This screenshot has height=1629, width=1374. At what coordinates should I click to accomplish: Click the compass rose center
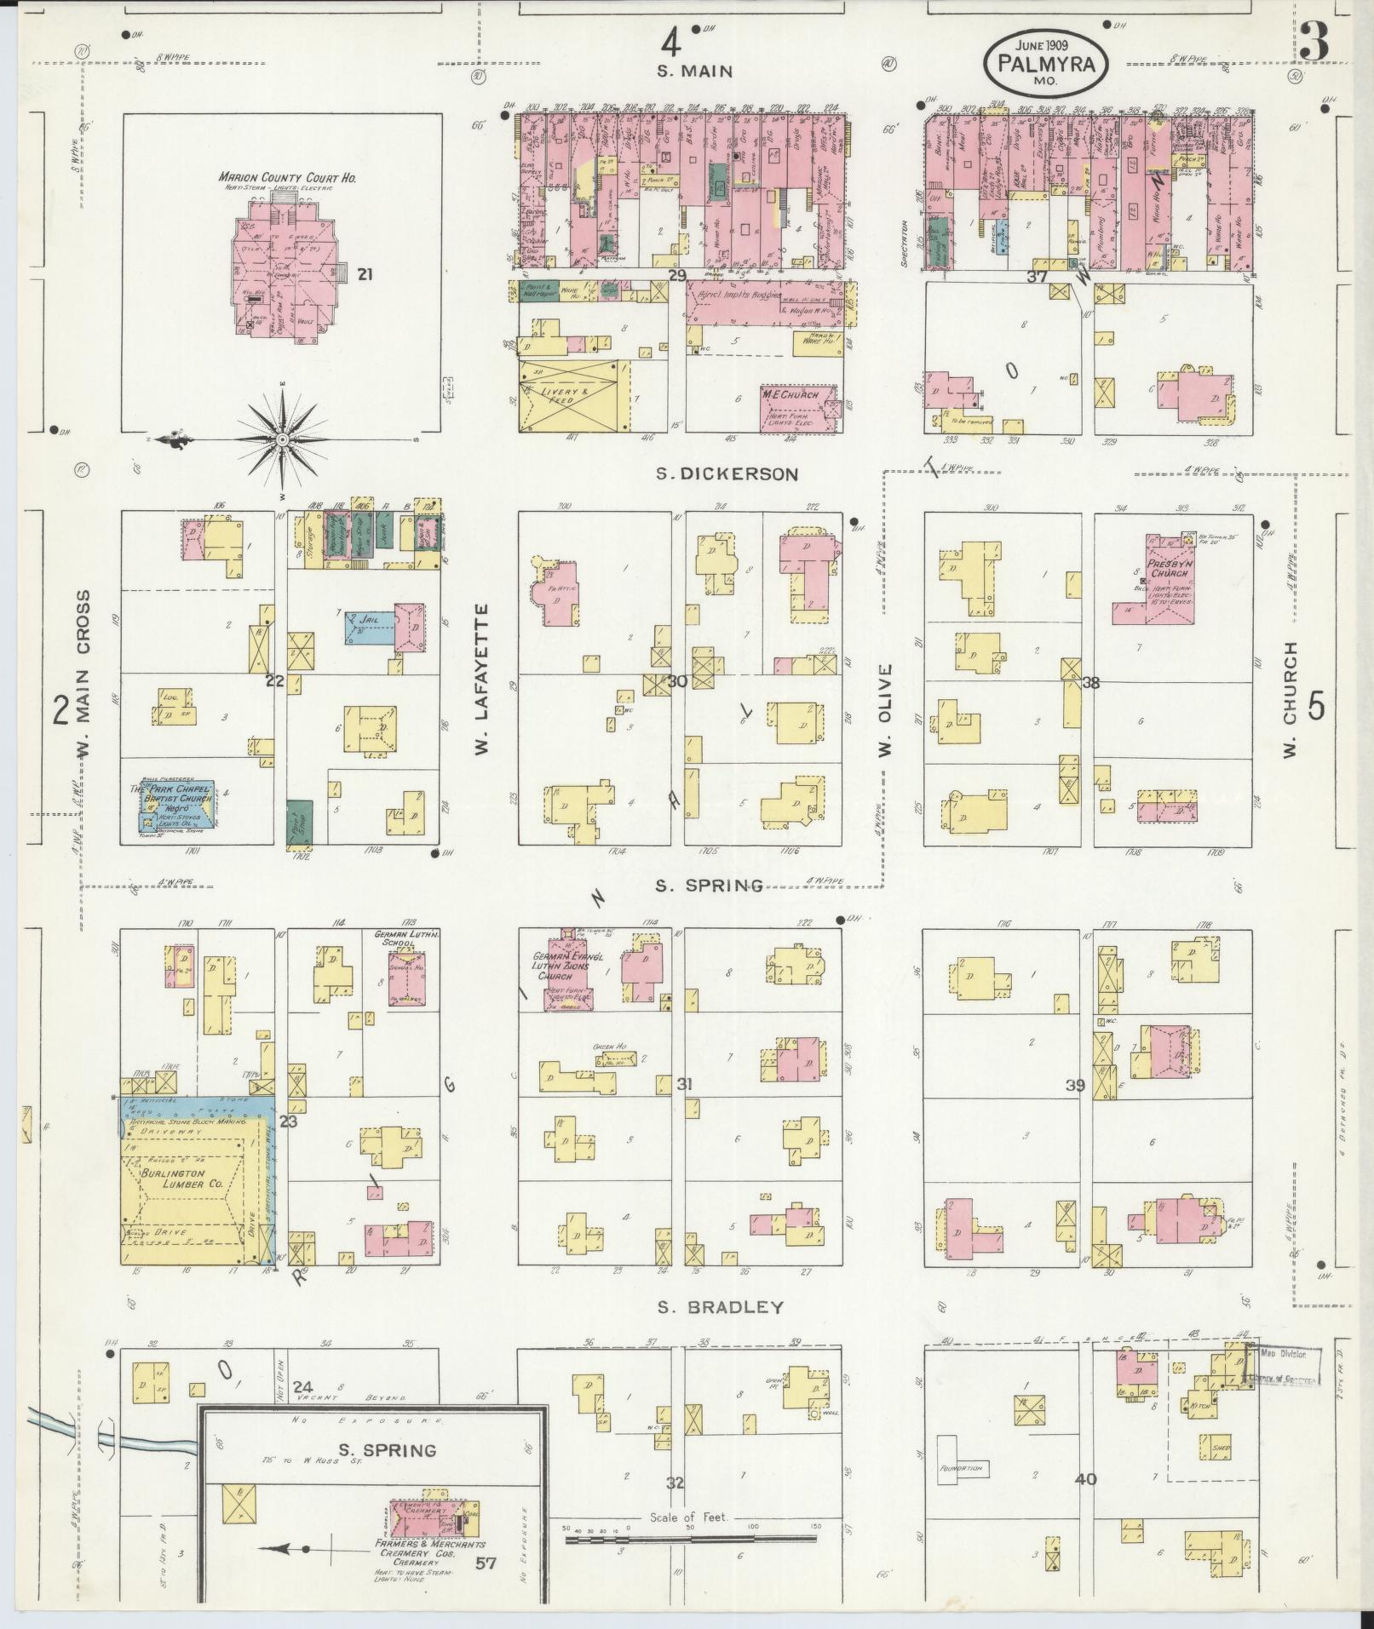[x=282, y=439]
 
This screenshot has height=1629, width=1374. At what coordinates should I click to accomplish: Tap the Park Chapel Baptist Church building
[x=176, y=806]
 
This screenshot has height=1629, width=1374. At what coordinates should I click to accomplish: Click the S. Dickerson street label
[x=727, y=474]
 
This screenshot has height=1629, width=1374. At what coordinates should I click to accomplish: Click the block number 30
[x=677, y=681]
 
